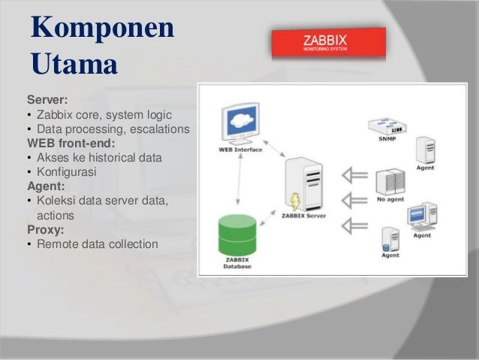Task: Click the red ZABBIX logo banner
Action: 328,44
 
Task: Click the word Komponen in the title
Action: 102,28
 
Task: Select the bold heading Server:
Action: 47,99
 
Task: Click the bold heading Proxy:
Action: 47,229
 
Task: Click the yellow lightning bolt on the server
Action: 295,201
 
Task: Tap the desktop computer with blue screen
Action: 422,216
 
